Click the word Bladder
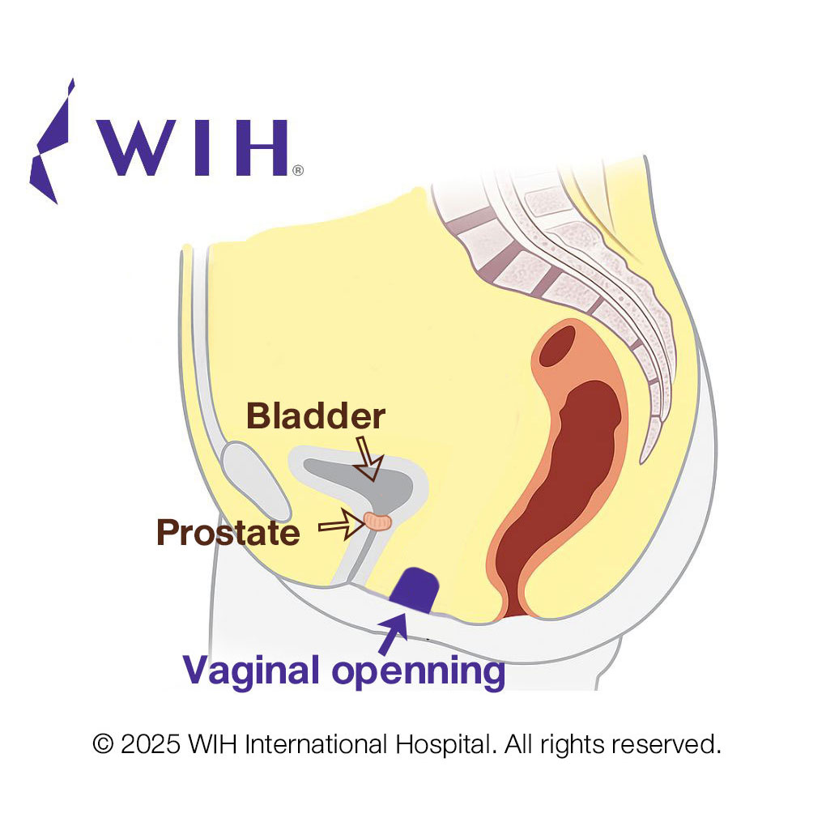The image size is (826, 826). [316, 416]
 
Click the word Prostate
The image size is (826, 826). [228, 532]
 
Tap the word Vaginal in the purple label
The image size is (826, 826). [251, 671]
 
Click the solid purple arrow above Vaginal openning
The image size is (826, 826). [393, 634]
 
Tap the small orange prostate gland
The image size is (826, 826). [378, 522]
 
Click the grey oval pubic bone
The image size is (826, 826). [256, 481]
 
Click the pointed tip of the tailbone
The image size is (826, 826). [641, 462]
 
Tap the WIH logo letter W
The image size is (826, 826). [138, 147]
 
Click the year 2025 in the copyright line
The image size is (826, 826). [151, 744]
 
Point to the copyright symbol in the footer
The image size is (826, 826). [104, 744]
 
